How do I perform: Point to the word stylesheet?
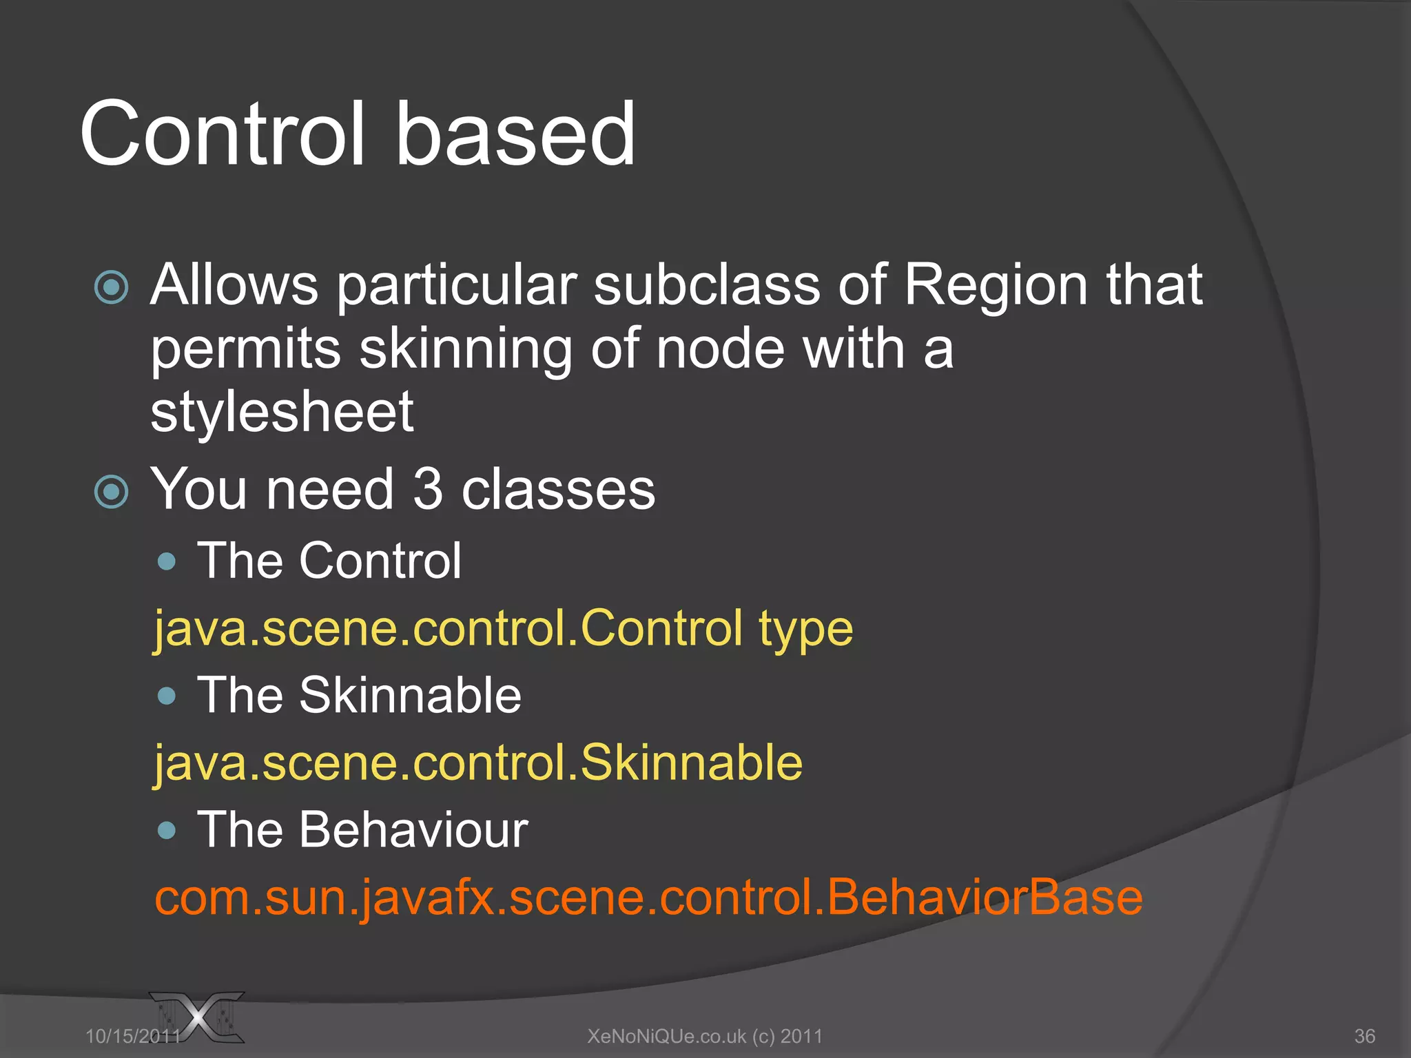point(282,413)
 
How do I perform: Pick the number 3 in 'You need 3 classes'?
point(427,489)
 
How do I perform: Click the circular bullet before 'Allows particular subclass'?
point(112,287)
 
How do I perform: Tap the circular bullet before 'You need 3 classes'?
point(112,492)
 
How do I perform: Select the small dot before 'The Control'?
point(167,561)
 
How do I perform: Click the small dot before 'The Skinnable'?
point(167,696)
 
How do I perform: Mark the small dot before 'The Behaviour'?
point(167,831)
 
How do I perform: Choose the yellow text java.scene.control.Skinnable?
point(478,763)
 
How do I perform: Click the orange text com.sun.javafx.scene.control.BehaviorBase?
point(648,898)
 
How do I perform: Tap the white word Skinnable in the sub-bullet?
point(410,695)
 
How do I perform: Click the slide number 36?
point(1365,1036)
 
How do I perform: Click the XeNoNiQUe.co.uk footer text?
point(704,1036)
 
